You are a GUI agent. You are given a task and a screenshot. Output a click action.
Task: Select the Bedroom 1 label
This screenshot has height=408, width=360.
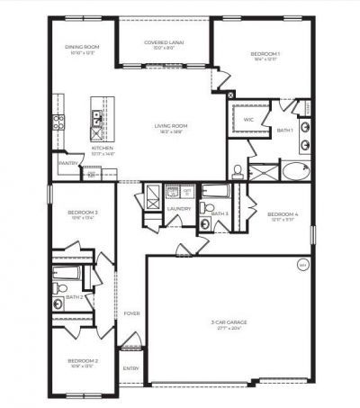[265, 55]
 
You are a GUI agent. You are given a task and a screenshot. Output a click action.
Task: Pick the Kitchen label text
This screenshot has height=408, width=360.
[103, 149]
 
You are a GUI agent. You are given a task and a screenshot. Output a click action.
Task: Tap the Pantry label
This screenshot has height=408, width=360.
[66, 163]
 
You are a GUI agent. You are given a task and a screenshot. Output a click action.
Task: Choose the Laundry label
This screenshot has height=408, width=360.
[177, 209]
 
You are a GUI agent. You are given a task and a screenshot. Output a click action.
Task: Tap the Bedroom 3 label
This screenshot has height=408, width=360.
[83, 213]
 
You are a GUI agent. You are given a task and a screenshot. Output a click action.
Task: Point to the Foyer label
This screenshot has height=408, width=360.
[131, 313]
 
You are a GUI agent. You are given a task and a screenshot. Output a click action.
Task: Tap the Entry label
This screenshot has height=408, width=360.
[131, 367]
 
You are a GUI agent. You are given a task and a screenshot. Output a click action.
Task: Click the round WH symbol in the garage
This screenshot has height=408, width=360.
[302, 265]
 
